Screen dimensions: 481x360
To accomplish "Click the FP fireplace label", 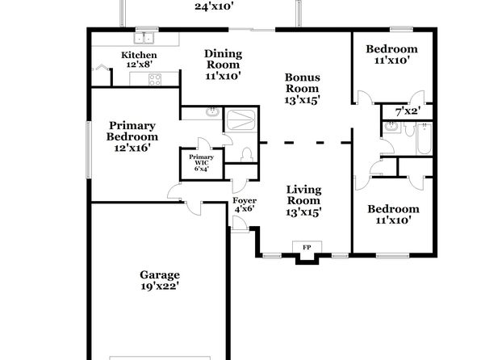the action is pos(307,247).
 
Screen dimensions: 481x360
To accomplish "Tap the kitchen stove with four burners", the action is pos(155,79).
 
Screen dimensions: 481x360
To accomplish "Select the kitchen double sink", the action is pos(144,39).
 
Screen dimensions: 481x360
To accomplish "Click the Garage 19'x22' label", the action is pos(160,280).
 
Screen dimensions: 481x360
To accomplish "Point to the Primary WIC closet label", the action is pos(201,163).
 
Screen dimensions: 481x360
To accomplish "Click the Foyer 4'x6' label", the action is pos(245,205).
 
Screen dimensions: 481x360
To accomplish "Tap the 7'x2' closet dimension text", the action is pos(408,111).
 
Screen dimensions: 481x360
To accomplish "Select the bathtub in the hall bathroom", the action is pos(425,138).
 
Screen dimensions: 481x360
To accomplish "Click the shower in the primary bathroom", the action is pos(240,119).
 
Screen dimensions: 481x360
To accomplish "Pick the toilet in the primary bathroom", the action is pos(247,155).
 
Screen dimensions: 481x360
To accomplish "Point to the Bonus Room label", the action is pos(303,89).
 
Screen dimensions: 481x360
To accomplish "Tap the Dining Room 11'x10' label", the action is pos(223,65).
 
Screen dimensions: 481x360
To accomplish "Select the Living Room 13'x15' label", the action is pos(303,201).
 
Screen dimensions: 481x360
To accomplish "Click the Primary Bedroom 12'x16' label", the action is pos(132,136).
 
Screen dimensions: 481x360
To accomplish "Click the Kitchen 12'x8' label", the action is pos(139,60).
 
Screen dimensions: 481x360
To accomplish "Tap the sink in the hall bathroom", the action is pos(391,127).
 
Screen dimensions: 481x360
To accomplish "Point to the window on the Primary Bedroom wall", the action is pos(88,149).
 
